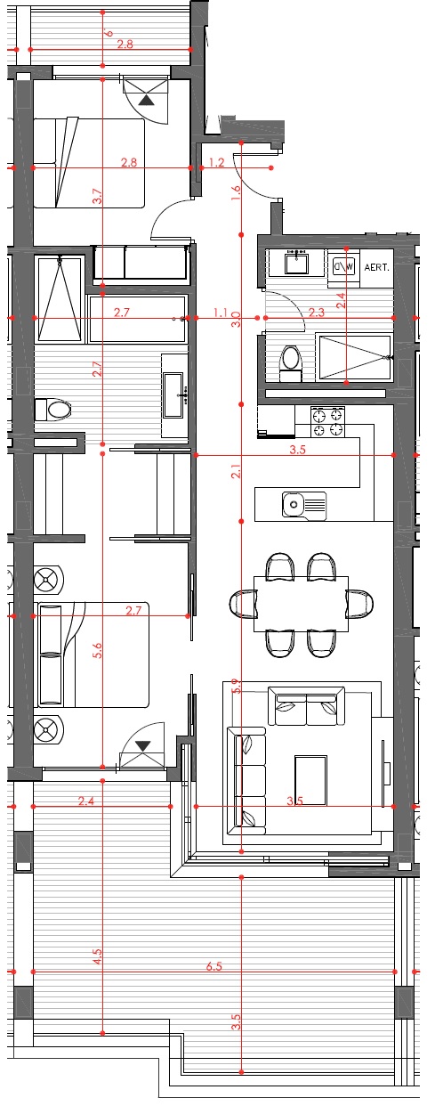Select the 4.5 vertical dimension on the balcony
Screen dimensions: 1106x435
98,957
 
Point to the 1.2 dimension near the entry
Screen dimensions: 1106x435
215,162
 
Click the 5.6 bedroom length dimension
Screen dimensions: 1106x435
98,650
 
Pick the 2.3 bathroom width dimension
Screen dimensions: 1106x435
316,313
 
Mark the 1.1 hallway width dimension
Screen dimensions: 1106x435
221,313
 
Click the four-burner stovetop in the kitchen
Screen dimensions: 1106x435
326,422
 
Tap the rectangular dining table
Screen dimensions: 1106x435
301,603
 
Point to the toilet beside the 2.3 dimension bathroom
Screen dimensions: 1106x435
290,362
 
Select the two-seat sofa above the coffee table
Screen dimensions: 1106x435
307,706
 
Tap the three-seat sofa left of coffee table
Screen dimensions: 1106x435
249,777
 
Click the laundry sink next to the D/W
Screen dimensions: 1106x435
296,264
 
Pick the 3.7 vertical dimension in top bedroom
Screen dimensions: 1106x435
98,198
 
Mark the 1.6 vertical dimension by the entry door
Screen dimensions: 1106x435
236,189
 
